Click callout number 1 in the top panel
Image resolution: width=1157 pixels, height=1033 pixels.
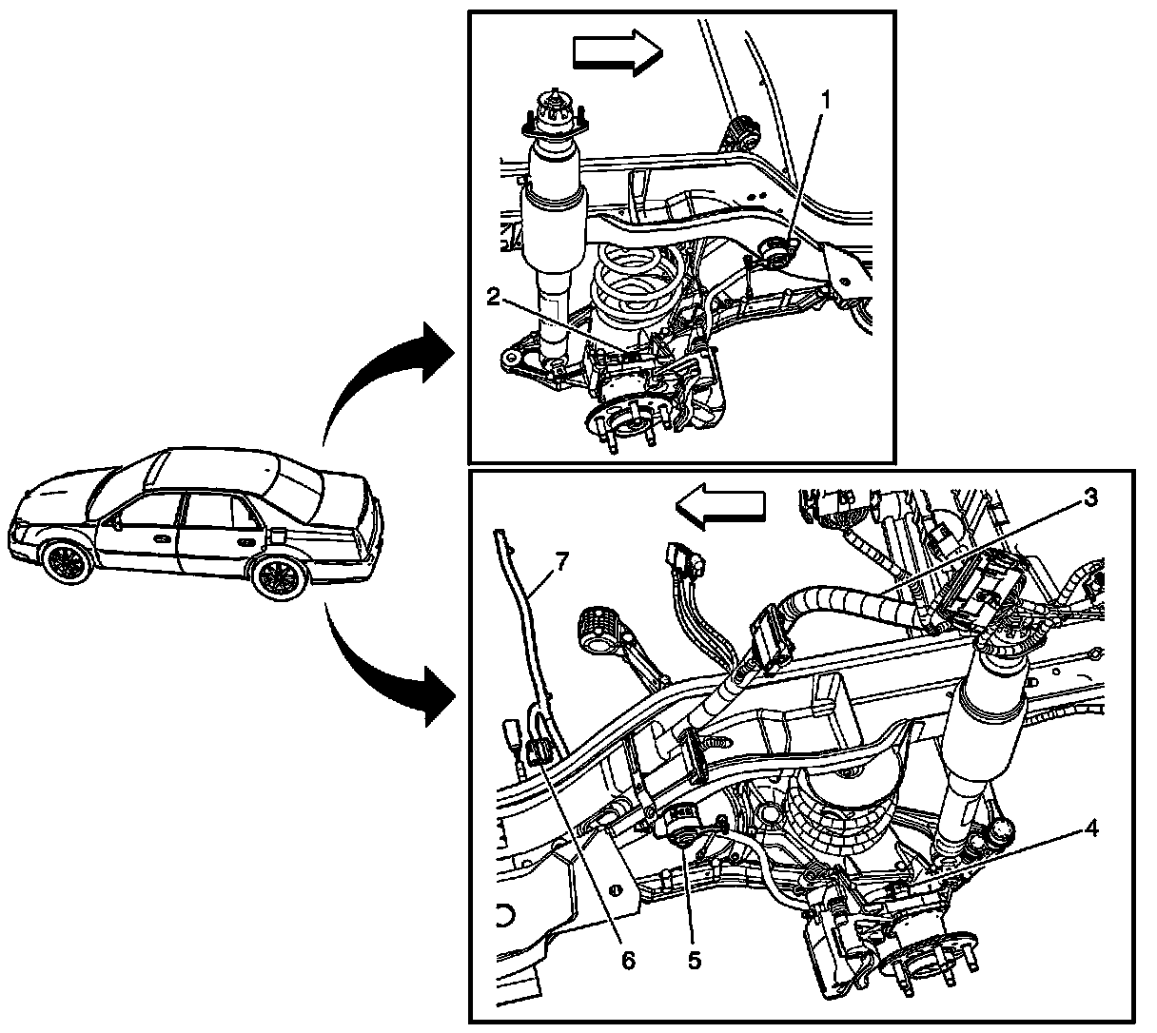pos(827,99)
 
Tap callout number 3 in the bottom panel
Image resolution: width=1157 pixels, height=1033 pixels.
pos(1090,497)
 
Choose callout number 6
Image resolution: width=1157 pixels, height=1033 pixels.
pos(626,960)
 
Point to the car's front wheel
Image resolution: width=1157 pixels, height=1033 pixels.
pos(66,560)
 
